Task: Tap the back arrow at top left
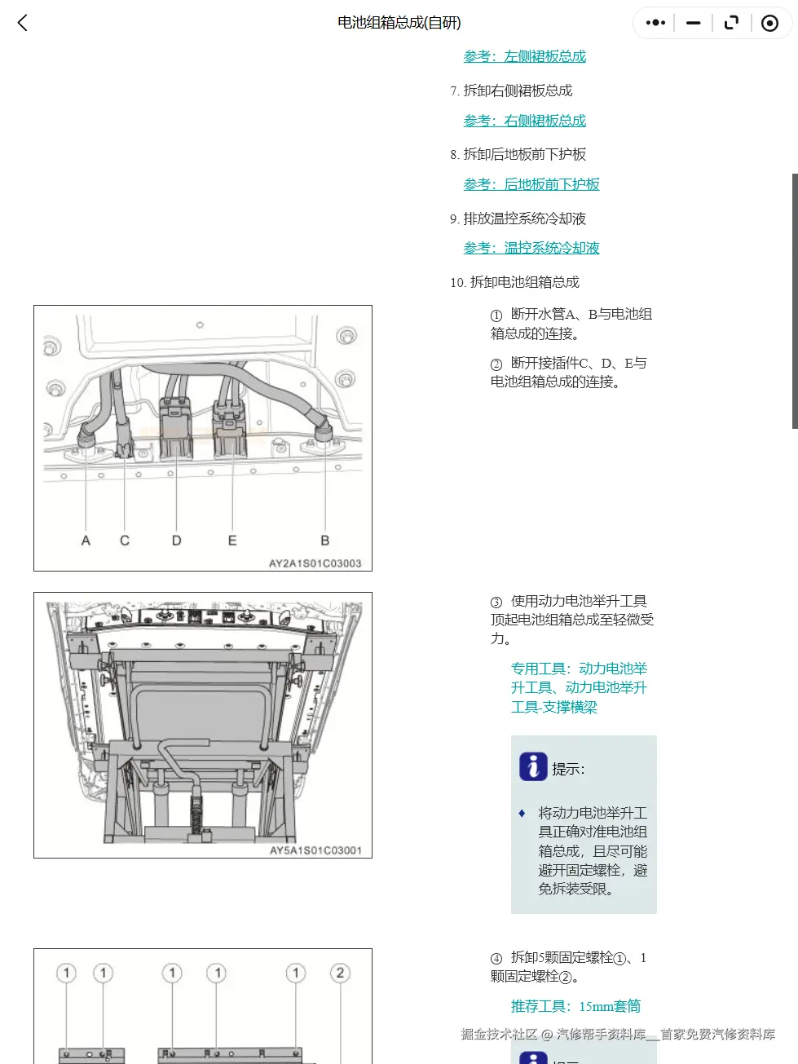pyautogui.click(x=23, y=23)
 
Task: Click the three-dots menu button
pyautogui.click(x=655, y=23)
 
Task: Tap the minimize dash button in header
pyautogui.click(x=694, y=23)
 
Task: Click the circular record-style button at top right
pyautogui.click(x=769, y=23)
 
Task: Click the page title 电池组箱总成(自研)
pyautogui.click(x=399, y=23)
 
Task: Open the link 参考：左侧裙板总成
pyautogui.click(x=524, y=56)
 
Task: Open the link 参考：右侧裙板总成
pyautogui.click(x=524, y=121)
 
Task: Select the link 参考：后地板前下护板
pyautogui.click(x=531, y=184)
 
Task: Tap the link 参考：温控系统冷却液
pyautogui.click(x=531, y=248)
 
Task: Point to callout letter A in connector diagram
pyautogui.click(x=86, y=541)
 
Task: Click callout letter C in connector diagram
pyautogui.click(x=125, y=541)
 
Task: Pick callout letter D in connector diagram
pyautogui.click(x=176, y=541)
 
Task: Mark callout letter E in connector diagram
pyautogui.click(x=232, y=541)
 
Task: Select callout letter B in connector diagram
pyautogui.click(x=324, y=541)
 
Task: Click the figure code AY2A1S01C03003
pyautogui.click(x=315, y=563)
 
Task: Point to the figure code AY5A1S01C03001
pyautogui.click(x=315, y=850)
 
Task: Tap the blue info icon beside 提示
pyautogui.click(x=533, y=766)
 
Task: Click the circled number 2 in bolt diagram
pyautogui.click(x=340, y=973)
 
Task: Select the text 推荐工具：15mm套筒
pyautogui.click(x=575, y=1006)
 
